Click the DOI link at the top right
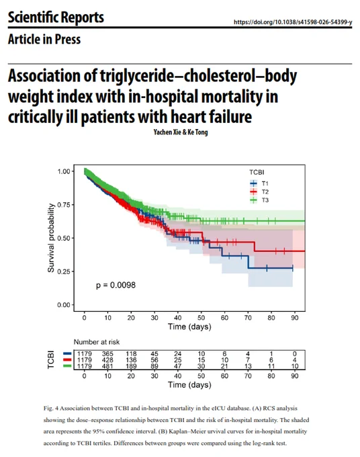[293, 22]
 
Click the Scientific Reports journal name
[56, 17]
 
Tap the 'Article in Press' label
[44, 40]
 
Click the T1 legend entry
[259, 183]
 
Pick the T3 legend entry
[259, 200]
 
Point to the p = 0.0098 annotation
[116, 285]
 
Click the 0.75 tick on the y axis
[64, 204]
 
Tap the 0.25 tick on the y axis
[64, 272]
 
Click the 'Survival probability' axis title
[51, 238]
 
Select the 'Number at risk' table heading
[97, 342]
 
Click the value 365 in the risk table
[107, 354]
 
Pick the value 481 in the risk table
[107, 366]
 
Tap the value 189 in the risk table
[131, 366]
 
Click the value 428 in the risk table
[107, 360]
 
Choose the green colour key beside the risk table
[67, 366]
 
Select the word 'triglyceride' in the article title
[137, 76]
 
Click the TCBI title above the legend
[257, 172]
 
